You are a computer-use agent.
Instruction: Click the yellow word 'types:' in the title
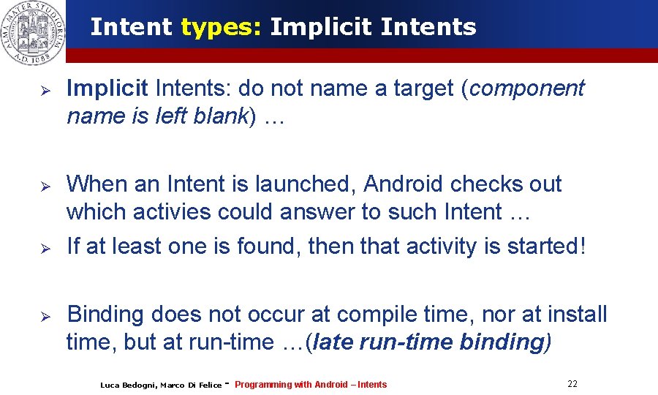222,27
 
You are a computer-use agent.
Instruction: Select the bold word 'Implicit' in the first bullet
107,89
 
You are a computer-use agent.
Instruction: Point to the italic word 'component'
527,89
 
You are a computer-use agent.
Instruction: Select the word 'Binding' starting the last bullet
105,315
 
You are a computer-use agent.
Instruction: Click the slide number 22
572,383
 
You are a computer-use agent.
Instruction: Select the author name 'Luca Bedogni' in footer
128,385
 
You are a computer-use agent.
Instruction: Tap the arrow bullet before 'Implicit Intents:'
44,90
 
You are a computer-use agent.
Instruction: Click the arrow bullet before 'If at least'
44,247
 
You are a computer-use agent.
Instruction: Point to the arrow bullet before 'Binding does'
44,316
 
